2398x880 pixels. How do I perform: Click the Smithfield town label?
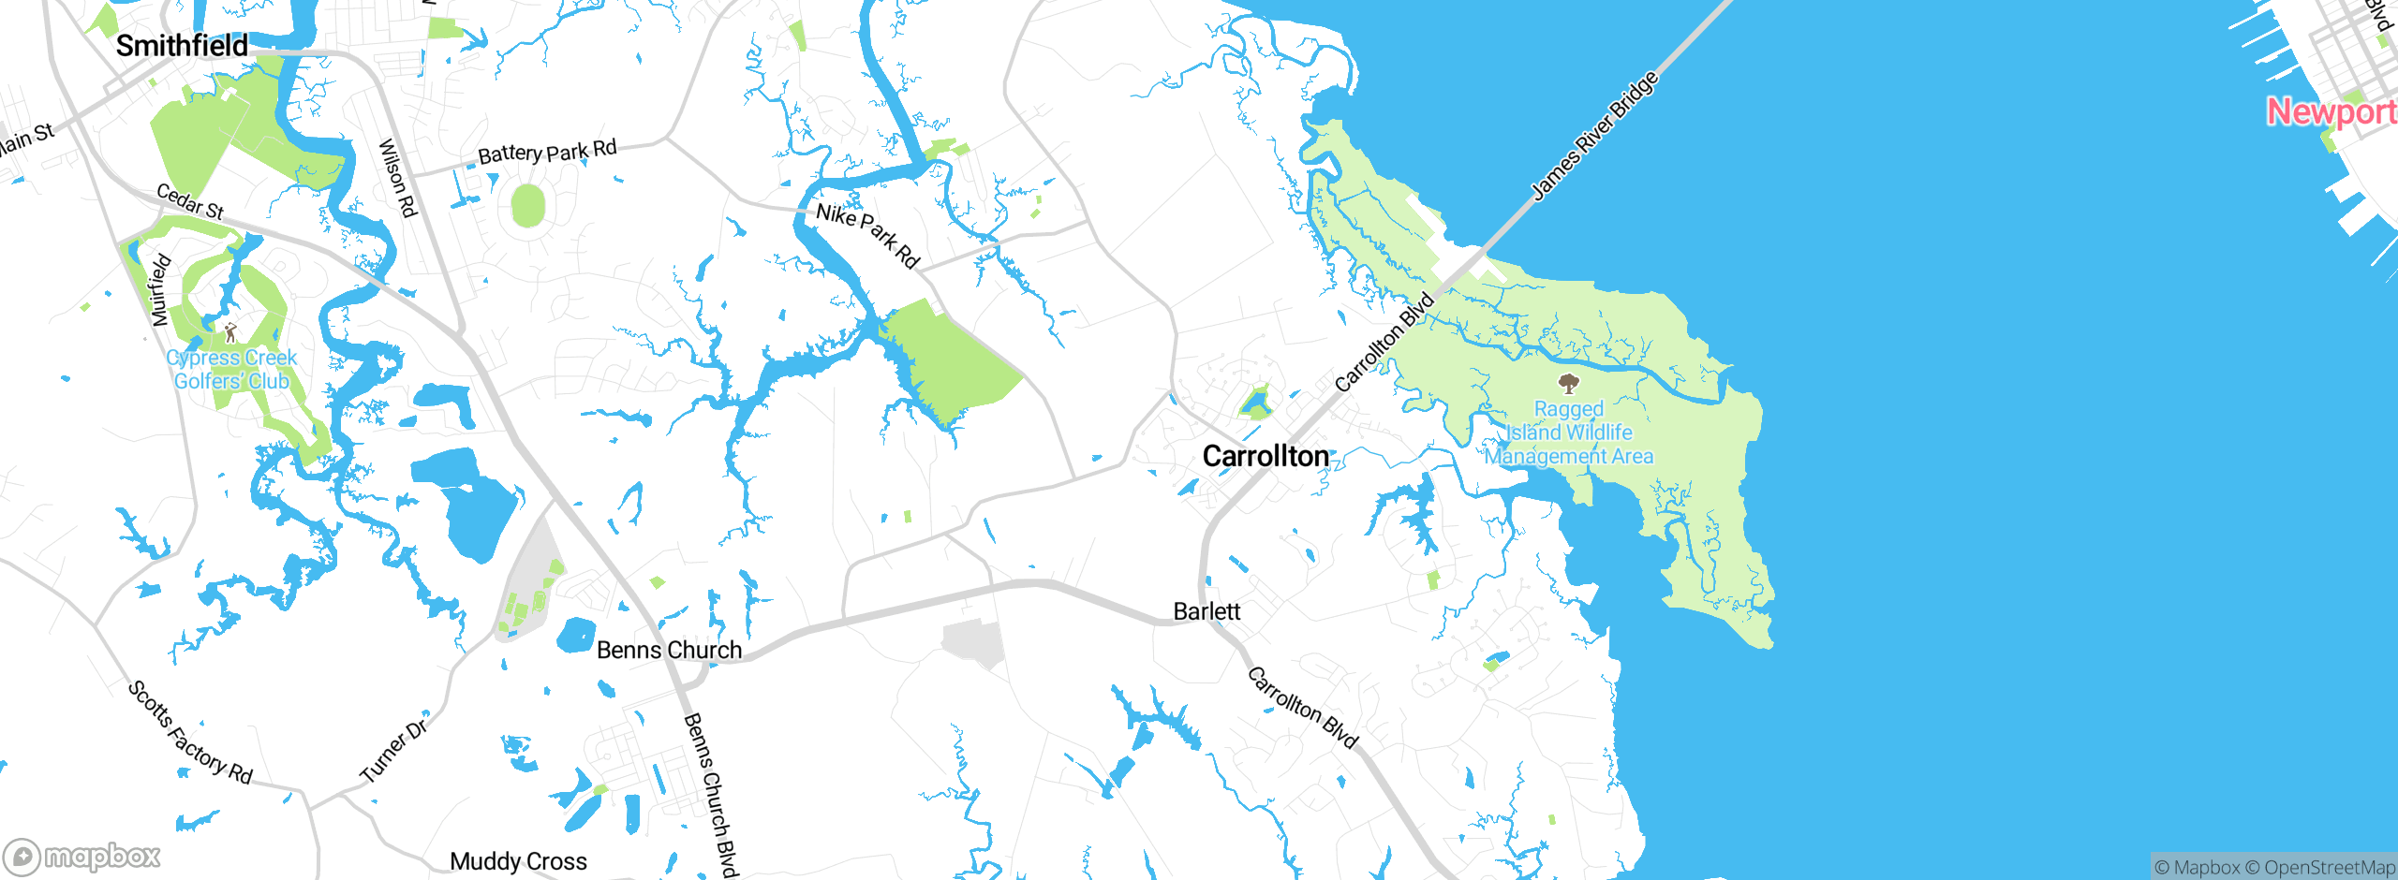pyautogui.click(x=182, y=45)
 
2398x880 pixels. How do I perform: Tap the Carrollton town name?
pyautogui.click(x=1266, y=456)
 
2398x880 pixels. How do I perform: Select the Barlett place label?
pyautogui.click(x=1206, y=611)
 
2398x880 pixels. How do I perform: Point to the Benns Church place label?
pyautogui.click(x=669, y=650)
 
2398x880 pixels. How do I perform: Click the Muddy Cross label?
pyautogui.click(x=518, y=861)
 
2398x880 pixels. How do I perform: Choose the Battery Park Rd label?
pyautogui.click(x=547, y=152)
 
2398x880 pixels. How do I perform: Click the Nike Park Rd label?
pyautogui.click(x=867, y=235)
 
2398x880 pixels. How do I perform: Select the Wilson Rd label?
pyautogui.click(x=397, y=178)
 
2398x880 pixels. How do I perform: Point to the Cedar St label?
pyautogui.click(x=190, y=201)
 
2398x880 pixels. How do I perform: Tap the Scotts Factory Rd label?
pyautogui.click(x=190, y=732)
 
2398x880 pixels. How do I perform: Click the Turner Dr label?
pyautogui.click(x=394, y=749)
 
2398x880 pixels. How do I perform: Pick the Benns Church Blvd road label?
pyautogui.click(x=711, y=794)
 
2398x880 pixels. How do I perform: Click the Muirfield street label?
pyautogui.click(x=160, y=289)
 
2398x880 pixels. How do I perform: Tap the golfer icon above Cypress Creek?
pyautogui.click(x=230, y=332)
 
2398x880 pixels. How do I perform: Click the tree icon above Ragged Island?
pyautogui.click(x=1568, y=383)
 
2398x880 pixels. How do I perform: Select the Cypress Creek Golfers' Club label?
pyautogui.click(x=231, y=370)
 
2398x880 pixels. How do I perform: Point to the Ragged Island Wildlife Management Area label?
pyautogui.click(x=1569, y=433)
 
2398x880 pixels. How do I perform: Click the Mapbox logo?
pyautogui.click(x=82, y=856)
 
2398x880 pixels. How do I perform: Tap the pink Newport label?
pyautogui.click(x=2331, y=112)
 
